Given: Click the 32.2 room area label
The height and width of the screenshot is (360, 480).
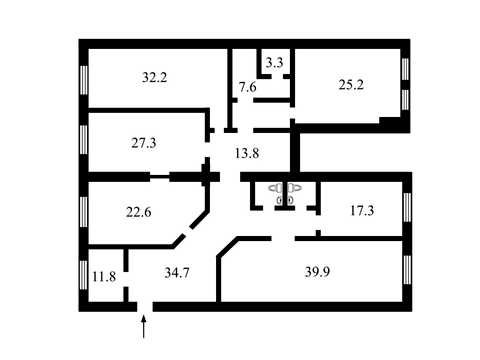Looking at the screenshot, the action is (154, 78).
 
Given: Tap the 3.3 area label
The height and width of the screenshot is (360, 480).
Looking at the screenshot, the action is (274, 63).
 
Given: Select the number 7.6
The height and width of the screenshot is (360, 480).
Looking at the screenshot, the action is (248, 87).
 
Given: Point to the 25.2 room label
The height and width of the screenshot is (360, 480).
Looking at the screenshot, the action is (351, 85).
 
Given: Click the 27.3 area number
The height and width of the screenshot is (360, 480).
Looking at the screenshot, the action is (144, 143).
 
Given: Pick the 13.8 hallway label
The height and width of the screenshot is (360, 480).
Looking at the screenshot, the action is (247, 153).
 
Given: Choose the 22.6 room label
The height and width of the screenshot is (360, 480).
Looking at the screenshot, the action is (139, 212).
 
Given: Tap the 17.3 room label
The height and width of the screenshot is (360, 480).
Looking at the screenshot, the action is (362, 210).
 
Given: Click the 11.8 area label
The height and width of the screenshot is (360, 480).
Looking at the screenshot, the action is (104, 276).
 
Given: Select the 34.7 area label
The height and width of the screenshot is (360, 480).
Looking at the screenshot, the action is (177, 273).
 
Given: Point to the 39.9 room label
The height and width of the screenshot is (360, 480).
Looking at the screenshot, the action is (317, 272).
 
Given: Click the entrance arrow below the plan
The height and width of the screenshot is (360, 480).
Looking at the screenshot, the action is (144, 327).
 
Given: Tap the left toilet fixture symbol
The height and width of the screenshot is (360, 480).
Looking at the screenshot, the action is (277, 188).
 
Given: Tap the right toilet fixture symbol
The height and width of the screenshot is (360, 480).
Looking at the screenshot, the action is (294, 188).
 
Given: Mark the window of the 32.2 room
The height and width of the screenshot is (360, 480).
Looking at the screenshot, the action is (84, 80).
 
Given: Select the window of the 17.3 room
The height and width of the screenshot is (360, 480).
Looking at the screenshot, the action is (407, 208).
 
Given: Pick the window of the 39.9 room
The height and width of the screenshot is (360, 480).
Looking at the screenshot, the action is (407, 270).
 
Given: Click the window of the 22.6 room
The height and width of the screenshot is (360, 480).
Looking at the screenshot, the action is (84, 212).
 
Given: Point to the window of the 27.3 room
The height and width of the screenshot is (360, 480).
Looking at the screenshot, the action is (84, 140).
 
